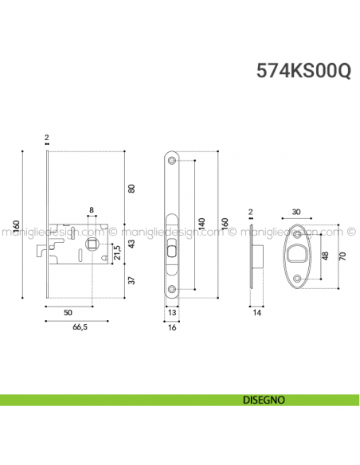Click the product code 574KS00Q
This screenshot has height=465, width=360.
[303, 70]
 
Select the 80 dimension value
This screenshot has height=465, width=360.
[132, 188]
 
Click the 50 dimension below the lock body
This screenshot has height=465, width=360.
[68, 312]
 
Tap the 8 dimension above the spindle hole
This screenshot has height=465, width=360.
[92, 211]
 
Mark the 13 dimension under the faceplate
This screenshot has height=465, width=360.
[173, 312]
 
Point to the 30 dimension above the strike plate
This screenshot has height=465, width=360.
[297, 212]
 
